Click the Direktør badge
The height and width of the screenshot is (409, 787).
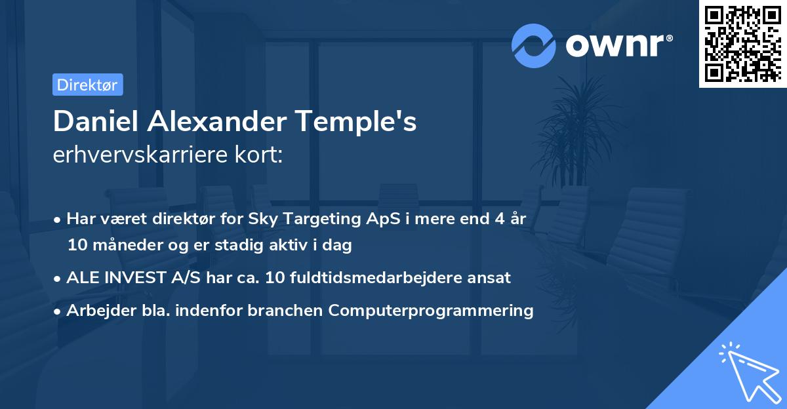pos(87,85)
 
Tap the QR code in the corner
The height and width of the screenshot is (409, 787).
pos(742,43)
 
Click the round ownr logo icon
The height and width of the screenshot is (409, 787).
pos(534,45)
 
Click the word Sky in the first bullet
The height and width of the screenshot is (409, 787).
pos(262,218)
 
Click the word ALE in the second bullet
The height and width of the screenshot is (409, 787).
pos(82,277)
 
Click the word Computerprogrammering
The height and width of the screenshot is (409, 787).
pos(431,310)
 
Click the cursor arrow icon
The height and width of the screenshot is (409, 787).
pos(750,372)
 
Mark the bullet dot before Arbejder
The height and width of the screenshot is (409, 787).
pos(59,311)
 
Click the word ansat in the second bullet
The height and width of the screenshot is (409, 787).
pos(491,277)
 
